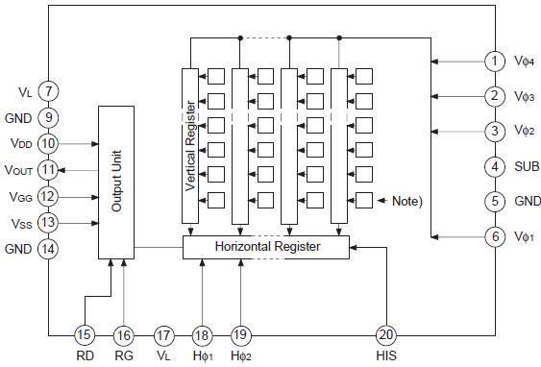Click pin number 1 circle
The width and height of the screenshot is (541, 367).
click(494, 61)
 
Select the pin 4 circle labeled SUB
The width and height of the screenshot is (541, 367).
click(494, 166)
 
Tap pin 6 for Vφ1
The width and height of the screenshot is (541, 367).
click(494, 236)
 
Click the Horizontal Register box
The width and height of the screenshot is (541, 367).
click(265, 247)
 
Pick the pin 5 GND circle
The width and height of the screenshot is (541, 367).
click(494, 202)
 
